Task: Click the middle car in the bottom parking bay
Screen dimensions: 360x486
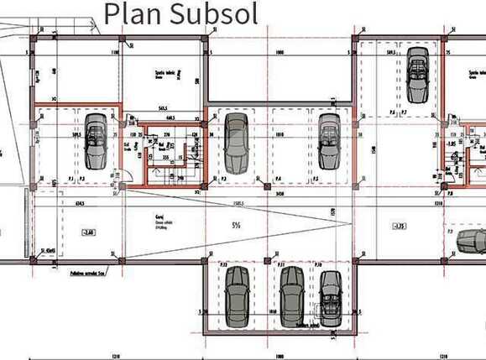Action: [x=292, y=295]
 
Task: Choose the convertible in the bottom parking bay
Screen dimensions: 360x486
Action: [x=331, y=299]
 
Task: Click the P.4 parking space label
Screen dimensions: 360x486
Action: [x=278, y=178]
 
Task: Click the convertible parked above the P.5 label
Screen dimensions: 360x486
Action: [x=327, y=139]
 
